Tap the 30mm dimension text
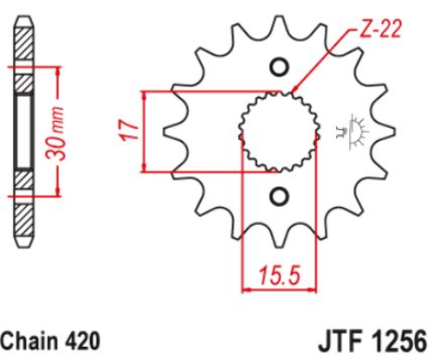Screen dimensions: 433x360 click(55, 133)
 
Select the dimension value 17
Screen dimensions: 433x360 click(128, 130)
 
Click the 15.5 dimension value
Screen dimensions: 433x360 click(280, 275)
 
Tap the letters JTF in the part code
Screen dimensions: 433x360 click(340, 342)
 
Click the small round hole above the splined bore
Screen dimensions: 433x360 click(279, 67)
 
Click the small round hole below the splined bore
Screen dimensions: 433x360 click(279, 196)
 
